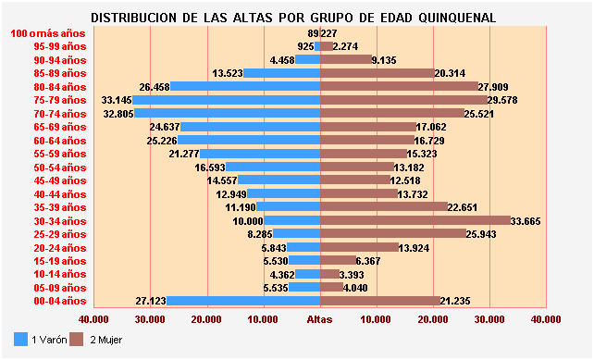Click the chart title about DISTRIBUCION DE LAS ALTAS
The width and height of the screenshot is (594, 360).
pyautogui.click(x=294, y=18)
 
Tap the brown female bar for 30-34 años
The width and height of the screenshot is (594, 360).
pyautogui.click(x=415, y=220)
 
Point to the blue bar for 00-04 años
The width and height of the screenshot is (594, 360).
pyautogui.click(x=243, y=301)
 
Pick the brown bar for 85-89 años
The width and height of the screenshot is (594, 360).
pyautogui.click(x=377, y=73)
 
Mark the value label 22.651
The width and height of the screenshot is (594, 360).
pyautogui.click(x=465, y=207)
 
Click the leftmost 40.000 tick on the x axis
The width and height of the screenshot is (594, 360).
pyautogui.click(x=94, y=319)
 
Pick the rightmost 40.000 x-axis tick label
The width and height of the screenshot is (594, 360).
pyautogui.click(x=546, y=319)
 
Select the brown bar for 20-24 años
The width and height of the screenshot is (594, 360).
pyautogui.click(x=359, y=247)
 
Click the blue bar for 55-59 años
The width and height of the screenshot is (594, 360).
pyautogui.click(x=260, y=154)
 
